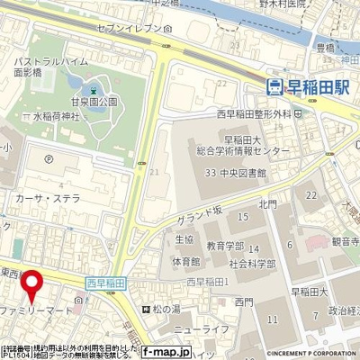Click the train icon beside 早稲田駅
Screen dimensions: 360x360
pyautogui.click(x=274, y=86)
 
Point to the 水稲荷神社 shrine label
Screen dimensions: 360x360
pyautogui.click(x=51, y=116)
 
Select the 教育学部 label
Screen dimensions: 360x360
pyautogui.click(x=224, y=245)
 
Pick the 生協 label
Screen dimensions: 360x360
pyautogui.click(x=184, y=239)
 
